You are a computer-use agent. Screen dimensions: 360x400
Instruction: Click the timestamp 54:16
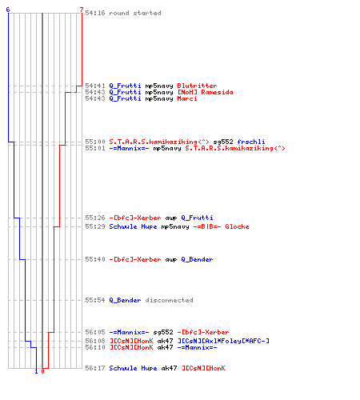[x=95, y=13]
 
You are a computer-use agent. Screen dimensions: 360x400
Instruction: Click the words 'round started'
[x=135, y=13]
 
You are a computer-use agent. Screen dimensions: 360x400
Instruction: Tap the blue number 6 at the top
[x=8, y=10]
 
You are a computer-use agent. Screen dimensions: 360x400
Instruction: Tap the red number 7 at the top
[x=82, y=10]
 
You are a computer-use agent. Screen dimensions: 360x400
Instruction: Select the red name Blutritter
[x=197, y=86]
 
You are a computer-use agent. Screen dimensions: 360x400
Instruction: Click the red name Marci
[x=187, y=98]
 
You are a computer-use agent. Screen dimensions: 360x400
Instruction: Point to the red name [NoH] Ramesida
[x=206, y=92]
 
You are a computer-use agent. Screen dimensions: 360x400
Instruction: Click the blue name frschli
[x=251, y=142]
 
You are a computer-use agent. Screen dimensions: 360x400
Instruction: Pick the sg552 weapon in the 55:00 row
[x=223, y=142]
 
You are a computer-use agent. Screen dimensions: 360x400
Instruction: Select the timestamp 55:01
[x=95, y=148]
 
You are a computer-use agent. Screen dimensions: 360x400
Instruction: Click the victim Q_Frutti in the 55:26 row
[x=197, y=218]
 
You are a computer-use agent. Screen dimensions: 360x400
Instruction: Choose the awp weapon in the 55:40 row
[x=171, y=259]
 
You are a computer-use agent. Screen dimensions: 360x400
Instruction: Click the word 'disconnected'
[x=169, y=300]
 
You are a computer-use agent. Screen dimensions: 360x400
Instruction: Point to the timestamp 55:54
[x=95, y=300]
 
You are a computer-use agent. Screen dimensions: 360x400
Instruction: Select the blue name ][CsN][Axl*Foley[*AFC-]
[x=223, y=341]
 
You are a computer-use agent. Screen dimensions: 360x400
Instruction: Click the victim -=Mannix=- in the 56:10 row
[x=197, y=347]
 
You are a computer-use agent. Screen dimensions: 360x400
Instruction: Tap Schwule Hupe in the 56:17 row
[x=133, y=368]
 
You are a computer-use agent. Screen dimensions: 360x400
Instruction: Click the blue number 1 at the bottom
[x=36, y=371]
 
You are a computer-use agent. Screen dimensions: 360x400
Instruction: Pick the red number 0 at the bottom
[x=42, y=371]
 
